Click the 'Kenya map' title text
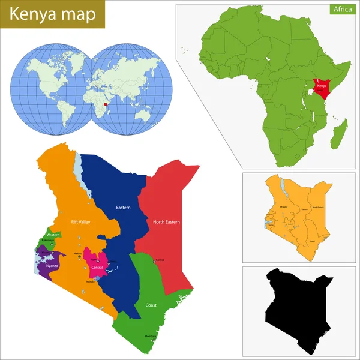coord(52,15)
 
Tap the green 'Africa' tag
coord(343,10)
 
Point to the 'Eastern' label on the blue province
coord(124,208)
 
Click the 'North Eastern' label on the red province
coord(166,221)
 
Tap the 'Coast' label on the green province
coord(151,305)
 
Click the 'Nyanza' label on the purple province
coord(52,265)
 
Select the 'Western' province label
coord(53,235)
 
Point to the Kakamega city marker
coord(52,245)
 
